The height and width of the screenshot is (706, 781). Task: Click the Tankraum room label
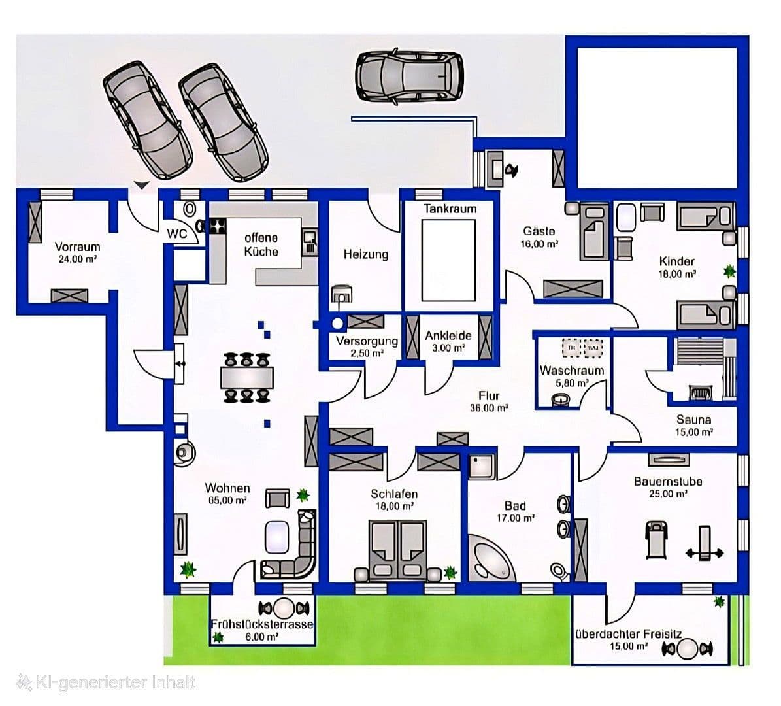click(x=450, y=209)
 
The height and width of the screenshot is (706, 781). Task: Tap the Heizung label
click(x=366, y=254)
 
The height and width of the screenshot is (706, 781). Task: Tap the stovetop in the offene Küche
click(x=216, y=227)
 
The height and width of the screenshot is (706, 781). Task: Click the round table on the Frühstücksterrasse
click(x=285, y=608)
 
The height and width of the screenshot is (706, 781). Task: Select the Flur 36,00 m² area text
click(x=488, y=407)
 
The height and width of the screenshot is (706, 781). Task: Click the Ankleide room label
click(x=448, y=336)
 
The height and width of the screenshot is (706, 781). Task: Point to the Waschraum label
click(x=571, y=371)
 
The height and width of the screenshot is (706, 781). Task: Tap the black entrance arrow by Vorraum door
click(x=141, y=186)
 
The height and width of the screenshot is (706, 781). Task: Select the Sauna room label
click(x=693, y=420)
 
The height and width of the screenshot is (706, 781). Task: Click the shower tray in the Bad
click(x=482, y=465)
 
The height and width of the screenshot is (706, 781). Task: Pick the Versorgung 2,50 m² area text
click(x=367, y=352)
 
